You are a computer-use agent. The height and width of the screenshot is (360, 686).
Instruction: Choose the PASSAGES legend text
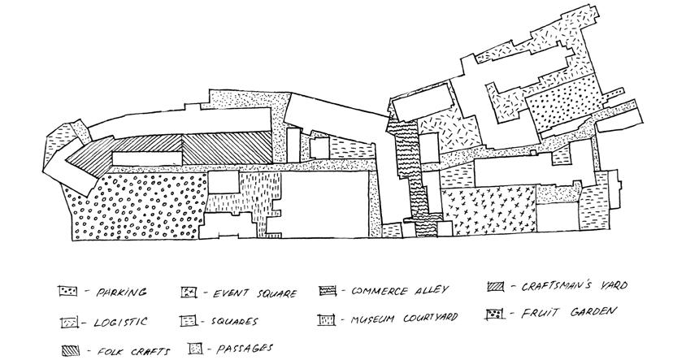coord(246,349)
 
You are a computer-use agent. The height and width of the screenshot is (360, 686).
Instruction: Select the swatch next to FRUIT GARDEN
coord(493,312)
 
